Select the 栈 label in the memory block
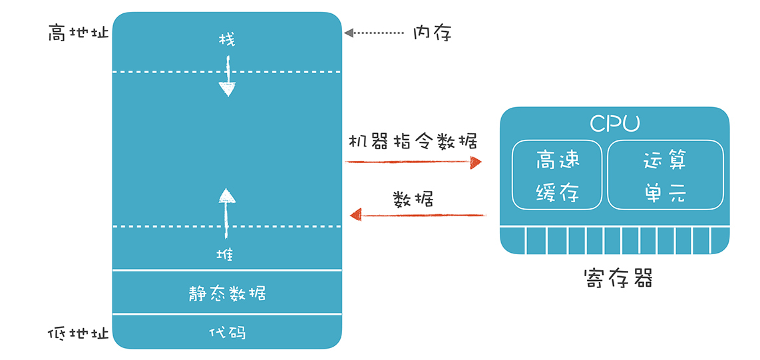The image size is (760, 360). tap(227, 41)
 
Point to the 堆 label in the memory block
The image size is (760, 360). tap(227, 254)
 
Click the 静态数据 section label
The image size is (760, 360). tap(227, 293)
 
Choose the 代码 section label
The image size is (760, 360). tap(227, 331)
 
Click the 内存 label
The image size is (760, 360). tap(432, 33)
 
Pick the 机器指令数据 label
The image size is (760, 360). tap(413, 142)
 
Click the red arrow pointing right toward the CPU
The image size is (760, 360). tap(413, 162)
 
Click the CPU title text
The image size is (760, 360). tap(614, 124)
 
